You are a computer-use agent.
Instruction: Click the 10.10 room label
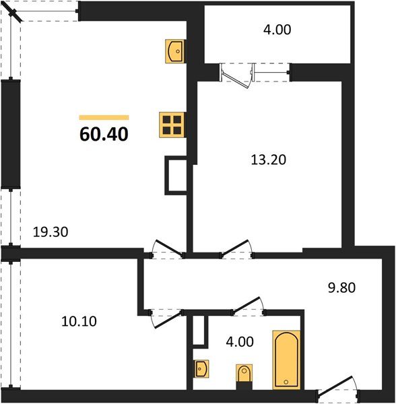pos(79,321)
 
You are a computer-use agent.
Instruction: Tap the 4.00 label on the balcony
pos(278,30)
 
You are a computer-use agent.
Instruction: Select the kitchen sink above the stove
pos(175,50)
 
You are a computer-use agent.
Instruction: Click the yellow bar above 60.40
pos(104,117)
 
